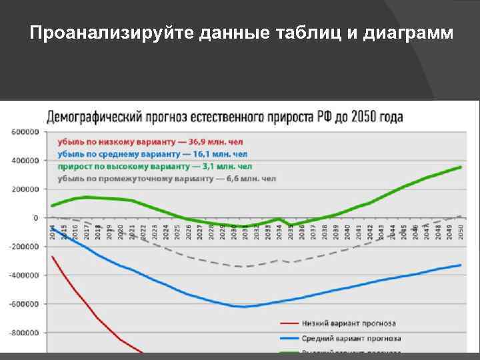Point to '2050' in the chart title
pyautogui.click(x=366, y=117)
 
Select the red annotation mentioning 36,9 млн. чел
pyautogui.click(x=151, y=142)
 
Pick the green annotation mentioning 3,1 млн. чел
pyautogui.click(x=155, y=166)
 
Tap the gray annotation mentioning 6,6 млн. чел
pyautogui.click(x=167, y=178)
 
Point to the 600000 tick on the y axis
pyautogui.click(x=25, y=132)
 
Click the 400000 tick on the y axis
pyautogui.click(x=25, y=161)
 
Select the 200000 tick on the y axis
pyautogui.click(x=25, y=189)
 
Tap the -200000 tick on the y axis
pyautogui.click(x=23, y=247)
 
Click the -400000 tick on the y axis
pyautogui.click(x=23, y=275)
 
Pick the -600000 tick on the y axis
pyautogui.click(x=23, y=304)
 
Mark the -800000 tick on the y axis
pyautogui.click(x=23, y=333)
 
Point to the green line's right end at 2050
pyautogui.click(x=461, y=167)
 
